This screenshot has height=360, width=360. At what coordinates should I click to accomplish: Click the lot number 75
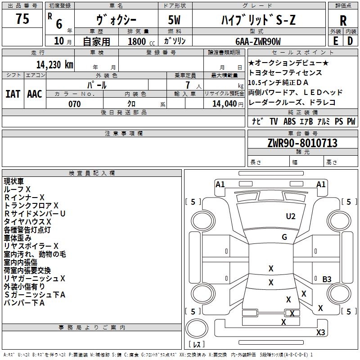(x=22, y=18)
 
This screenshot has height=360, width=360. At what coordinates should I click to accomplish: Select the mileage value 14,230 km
(x=55, y=65)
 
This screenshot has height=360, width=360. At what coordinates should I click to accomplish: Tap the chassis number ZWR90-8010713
(x=302, y=143)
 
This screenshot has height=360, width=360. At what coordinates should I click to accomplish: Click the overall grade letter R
(x=343, y=21)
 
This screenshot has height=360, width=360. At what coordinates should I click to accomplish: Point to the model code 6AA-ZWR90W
(x=258, y=41)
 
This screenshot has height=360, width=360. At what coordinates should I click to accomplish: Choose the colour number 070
(x=75, y=104)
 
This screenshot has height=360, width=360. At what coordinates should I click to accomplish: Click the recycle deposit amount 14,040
(x=225, y=104)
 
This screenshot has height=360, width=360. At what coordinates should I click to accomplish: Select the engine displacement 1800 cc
(x=141, y=41)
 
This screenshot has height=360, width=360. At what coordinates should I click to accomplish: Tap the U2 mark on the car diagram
(x=291, y=216)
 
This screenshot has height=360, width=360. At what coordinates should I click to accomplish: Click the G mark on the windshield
(x=284, y=237)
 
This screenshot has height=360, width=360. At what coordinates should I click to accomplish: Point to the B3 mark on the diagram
(x=327, y=279)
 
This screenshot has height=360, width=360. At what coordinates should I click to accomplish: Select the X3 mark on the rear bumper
(x=320, y=332)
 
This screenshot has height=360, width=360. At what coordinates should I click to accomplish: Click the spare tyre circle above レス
(x=197, y=328)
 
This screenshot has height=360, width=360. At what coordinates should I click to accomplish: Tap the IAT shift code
(x=13, y=94)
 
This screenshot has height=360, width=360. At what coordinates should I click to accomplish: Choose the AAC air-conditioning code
(x=35, y=94)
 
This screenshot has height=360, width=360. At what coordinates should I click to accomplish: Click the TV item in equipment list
(x=274, y=121)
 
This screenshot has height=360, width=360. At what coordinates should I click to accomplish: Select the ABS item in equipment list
(x=289, y=121)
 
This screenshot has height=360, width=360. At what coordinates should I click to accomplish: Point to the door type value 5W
(x=175, y=20)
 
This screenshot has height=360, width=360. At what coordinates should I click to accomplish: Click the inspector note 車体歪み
(x=18, y=238)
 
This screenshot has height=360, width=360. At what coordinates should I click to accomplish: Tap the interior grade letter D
(x=350, y=41)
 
